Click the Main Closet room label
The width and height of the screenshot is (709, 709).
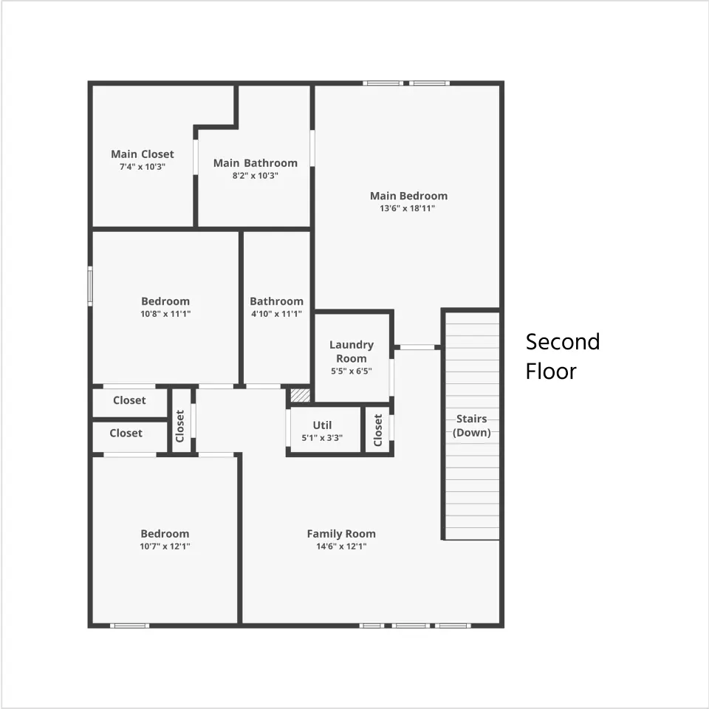pyautogui.click(x=143, y=154)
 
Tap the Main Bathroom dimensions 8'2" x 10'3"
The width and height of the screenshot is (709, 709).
pyautogui.click(x=256, y=176)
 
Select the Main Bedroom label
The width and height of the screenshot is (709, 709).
pyautogui.click(x=408, y=196)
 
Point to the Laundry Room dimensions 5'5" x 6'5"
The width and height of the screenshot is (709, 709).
pyautogui.click(x=352, y=371)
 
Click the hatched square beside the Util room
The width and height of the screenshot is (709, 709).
pyautogui.click(x=301, y=395)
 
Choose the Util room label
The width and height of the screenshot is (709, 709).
pyautogui.click(x=323, y=425)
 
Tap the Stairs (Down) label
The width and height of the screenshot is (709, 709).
pyautogui.click(x=472, y=425)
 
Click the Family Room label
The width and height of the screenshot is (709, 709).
pyautogui.click(x=341, y=533)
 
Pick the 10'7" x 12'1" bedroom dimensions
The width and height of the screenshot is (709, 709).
pyautogui.click(x=165, y=547)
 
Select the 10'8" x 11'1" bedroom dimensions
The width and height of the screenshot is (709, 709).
pyautogui.click(x=165, y=314)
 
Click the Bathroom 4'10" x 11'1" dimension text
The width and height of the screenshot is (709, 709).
pyautogui.click(x=276, y=314)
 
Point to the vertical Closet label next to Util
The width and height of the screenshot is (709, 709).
pyautogui.click(x=378, y=430)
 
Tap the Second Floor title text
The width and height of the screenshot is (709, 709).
pyautogui.click(x=563, y=356)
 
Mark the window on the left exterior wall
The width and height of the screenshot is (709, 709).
pyautogui.click(x=90, y=287)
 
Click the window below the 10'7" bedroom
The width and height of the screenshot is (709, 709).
pyautogui.click(x=130, y=626)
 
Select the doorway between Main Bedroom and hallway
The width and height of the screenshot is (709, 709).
pyautogui.click(x=417, y=347)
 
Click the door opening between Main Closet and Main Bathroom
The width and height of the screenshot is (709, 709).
pyautogui.click(x=196, y=157)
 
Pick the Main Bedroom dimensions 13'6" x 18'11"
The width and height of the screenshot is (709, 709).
pyautogui.click(x=408, y=208)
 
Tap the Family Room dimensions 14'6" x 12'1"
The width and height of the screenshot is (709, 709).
pyautogui.click(x=341, y=547)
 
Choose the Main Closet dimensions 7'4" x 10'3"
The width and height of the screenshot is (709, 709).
pyautogui.click(x=143, y=167)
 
